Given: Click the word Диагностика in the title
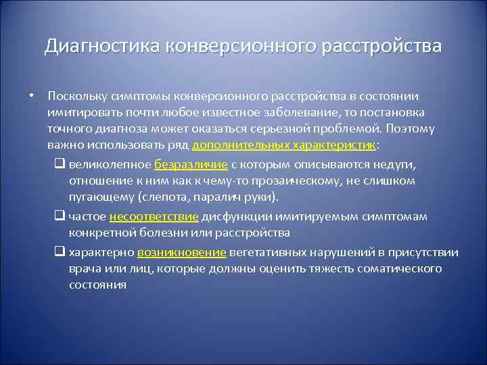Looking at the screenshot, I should pyautogui.click(x=99, y=47).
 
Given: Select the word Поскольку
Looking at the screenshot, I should pyautogui.click(x=75, y=96).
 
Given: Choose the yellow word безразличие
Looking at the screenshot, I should pyautogui.click(x=191, y=164).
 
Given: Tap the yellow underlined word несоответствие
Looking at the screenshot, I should pyautogui.click(x=167, y=216).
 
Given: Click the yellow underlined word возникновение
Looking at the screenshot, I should pyautogui.click(x=181, y=253).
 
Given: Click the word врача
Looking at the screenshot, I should pyautogui.click(x=85, y=269).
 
